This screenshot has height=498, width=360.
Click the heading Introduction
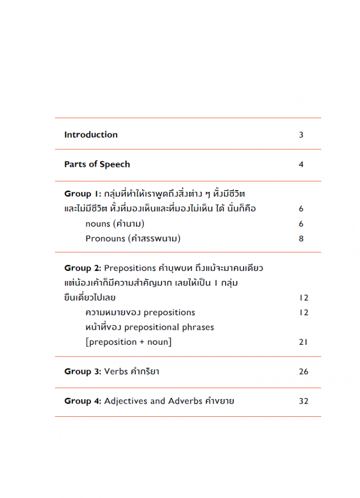91,135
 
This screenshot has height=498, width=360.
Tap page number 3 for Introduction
301,135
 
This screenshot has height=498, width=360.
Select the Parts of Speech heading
97,164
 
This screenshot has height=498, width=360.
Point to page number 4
301,164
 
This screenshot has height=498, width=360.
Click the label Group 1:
82,194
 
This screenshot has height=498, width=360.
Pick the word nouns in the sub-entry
97,224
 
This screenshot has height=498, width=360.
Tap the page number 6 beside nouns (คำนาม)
301,224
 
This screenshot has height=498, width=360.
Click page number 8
301,239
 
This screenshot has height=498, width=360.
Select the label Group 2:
83,268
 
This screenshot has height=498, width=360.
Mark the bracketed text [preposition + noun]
128,342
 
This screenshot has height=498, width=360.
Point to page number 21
304,342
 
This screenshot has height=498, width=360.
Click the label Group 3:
83,372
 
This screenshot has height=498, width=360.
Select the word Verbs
116,372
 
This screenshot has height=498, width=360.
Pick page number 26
304,372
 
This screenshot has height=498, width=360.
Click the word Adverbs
184,401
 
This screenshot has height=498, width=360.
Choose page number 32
304,401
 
